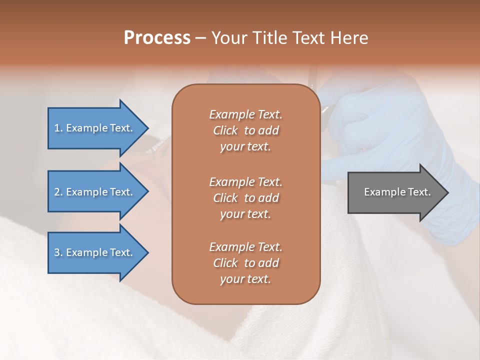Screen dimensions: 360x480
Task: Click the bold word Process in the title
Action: pos(157,38)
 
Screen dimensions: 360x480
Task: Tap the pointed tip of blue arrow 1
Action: pos(147,128)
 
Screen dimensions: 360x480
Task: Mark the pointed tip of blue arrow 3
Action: pos(147,252)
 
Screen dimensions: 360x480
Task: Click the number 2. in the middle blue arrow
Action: pos(58,192)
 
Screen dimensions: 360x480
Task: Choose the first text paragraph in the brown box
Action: pos(245,130)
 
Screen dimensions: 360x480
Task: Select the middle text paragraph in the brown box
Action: pos(245,197)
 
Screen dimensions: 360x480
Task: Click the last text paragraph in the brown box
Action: pos(245,263)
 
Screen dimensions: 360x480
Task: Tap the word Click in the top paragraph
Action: pos(225,130)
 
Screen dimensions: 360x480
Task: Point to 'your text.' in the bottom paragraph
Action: pos(245,279)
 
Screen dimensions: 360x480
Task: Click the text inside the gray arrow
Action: pos(397,192)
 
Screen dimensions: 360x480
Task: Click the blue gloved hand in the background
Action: pos(380,130)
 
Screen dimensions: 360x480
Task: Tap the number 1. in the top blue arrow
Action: pos(58,128)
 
